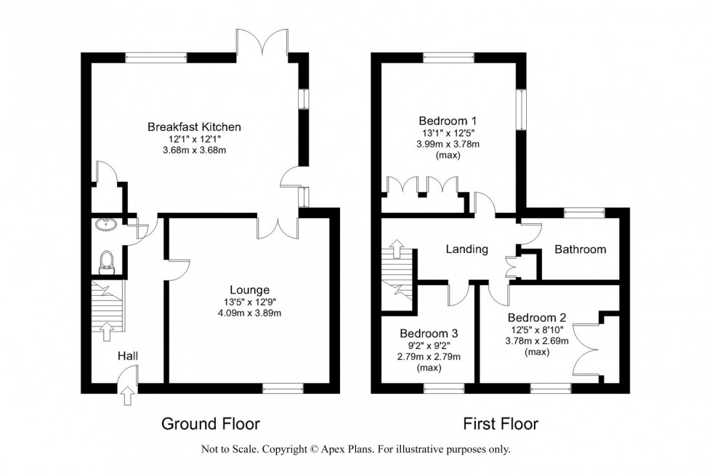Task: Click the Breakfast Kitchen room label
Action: click(x=194, y=126)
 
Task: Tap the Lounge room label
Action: click(x=249, y=289)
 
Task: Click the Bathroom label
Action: click(x=580, y=249)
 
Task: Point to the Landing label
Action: click(x=466, y=249)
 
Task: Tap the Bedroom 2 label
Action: click(x=538, y=318)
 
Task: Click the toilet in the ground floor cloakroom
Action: click(x=108, y=260)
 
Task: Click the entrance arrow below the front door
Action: click(x=129, y=397)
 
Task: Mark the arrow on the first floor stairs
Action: click(x=397, y=251)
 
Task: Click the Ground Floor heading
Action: click(x=210, y=424)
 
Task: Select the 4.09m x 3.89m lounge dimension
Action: click(x=249, y=313)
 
